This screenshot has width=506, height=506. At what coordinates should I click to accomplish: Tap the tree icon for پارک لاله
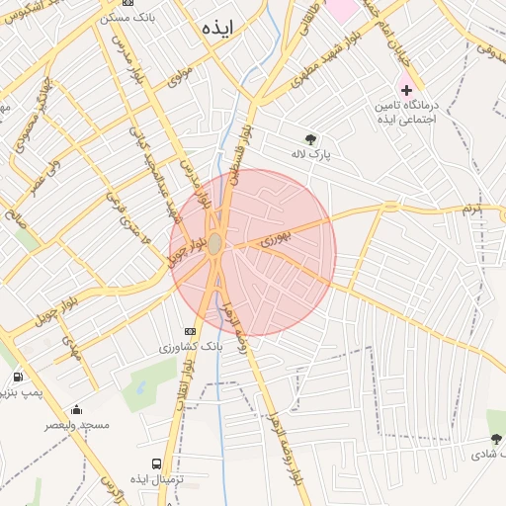(312, 138)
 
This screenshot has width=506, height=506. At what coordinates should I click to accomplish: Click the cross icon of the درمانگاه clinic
(406, 90)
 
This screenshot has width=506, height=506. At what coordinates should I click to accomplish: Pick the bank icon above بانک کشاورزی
(190, 331)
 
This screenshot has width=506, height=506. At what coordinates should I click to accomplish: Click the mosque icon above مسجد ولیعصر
(77, 410)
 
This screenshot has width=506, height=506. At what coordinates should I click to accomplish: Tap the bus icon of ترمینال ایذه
(156, 464)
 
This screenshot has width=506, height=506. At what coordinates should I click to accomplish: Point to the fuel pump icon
(18, 377)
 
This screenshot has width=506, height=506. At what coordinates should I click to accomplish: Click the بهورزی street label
(278, 240)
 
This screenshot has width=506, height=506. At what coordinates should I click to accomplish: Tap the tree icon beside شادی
(496, 438)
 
